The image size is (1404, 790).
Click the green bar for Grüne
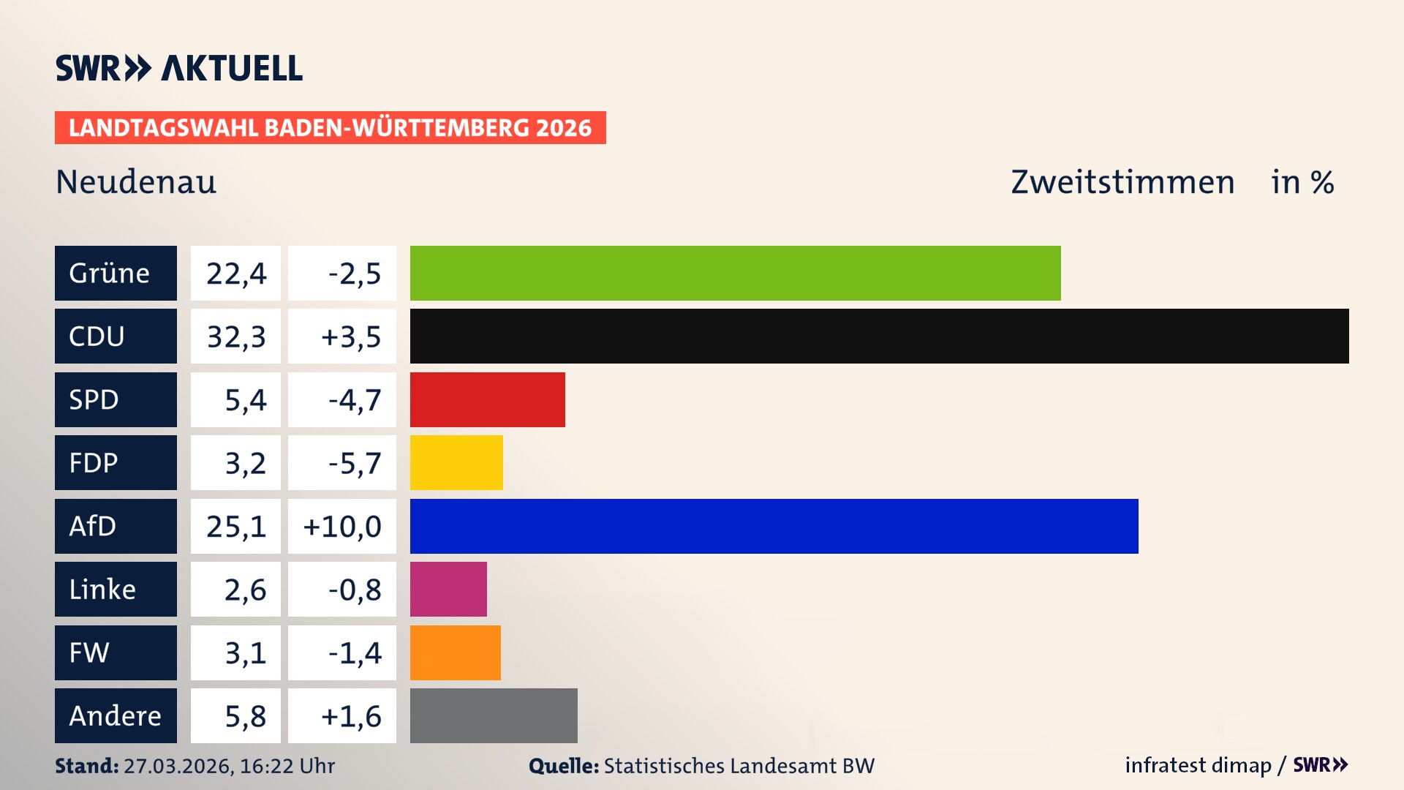click(x=735, y=273)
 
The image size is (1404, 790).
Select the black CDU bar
click(x=879, y=336)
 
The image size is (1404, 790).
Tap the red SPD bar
click(x=487, y=399)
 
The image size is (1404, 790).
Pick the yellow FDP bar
click(x=456, y=462)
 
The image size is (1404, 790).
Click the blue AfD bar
click(x=774, y=526)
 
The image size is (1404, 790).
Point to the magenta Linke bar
click(x=448, y=589)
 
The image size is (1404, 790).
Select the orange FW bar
click(x=455, y=652)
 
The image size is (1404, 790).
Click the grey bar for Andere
click(x=494, y=715)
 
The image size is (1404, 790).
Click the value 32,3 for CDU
click(x=235, y=336)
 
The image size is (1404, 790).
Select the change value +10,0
click(x=342, y=527)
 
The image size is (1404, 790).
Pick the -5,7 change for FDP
click(x=354, y=463)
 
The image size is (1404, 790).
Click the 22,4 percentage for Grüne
click(x=235, y=274)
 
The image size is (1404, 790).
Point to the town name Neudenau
click(x=136, y=182)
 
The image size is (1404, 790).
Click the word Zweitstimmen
click(x=1122, y=182)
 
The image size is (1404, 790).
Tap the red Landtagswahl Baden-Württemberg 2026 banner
click(x=330, y=128)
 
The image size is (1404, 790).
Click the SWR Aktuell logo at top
click(x=179, y=68)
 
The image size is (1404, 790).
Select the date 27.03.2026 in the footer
click(x=178, y=766)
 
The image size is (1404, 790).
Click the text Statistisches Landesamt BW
click(x=739, y=766)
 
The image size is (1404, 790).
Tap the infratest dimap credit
click(x=1198, y=765)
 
